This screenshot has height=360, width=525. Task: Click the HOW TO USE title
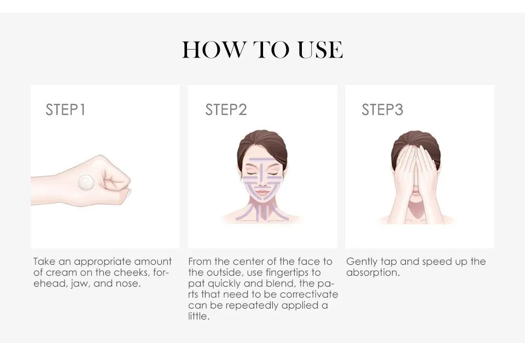coord(262,50)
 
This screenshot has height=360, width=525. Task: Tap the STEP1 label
coord(66,110)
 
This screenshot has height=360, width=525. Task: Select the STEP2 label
coord(226,110)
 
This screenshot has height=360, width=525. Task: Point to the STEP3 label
coord(382,110)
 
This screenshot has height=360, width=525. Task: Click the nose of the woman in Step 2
coord(262,183)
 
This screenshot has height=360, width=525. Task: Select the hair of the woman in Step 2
coord(262,144)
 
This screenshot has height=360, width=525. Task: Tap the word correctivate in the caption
coord(309,295)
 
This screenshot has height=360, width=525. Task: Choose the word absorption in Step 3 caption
coord(372,273)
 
